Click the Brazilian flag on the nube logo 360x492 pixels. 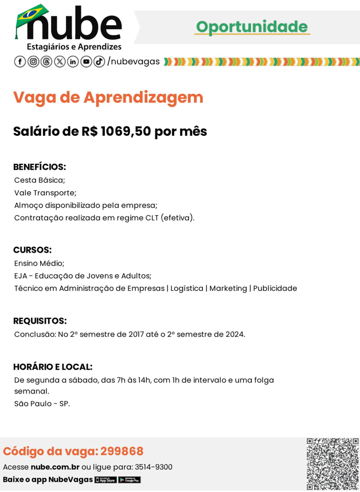click(32, 14)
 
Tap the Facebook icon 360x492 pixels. click(19, 61)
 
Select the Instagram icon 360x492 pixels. click(33, 61)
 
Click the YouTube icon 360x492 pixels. click(86, 61)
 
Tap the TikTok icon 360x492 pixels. click(99, 61)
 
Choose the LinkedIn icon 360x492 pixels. click(73, 61)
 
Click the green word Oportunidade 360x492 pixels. click(252, 26)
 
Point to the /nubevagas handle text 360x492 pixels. click(134, 61)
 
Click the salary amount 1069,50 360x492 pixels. click(126, 131)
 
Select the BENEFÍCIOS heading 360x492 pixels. click(40, 167)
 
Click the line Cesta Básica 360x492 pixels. click(40, 180)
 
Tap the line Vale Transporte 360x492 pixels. click(45, 192)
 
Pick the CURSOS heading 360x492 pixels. click(32, 250)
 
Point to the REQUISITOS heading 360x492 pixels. click(40, 321)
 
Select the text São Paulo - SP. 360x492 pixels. click(42, 404)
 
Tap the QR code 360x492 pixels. click(332, 463)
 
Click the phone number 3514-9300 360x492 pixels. click(153, 467)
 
